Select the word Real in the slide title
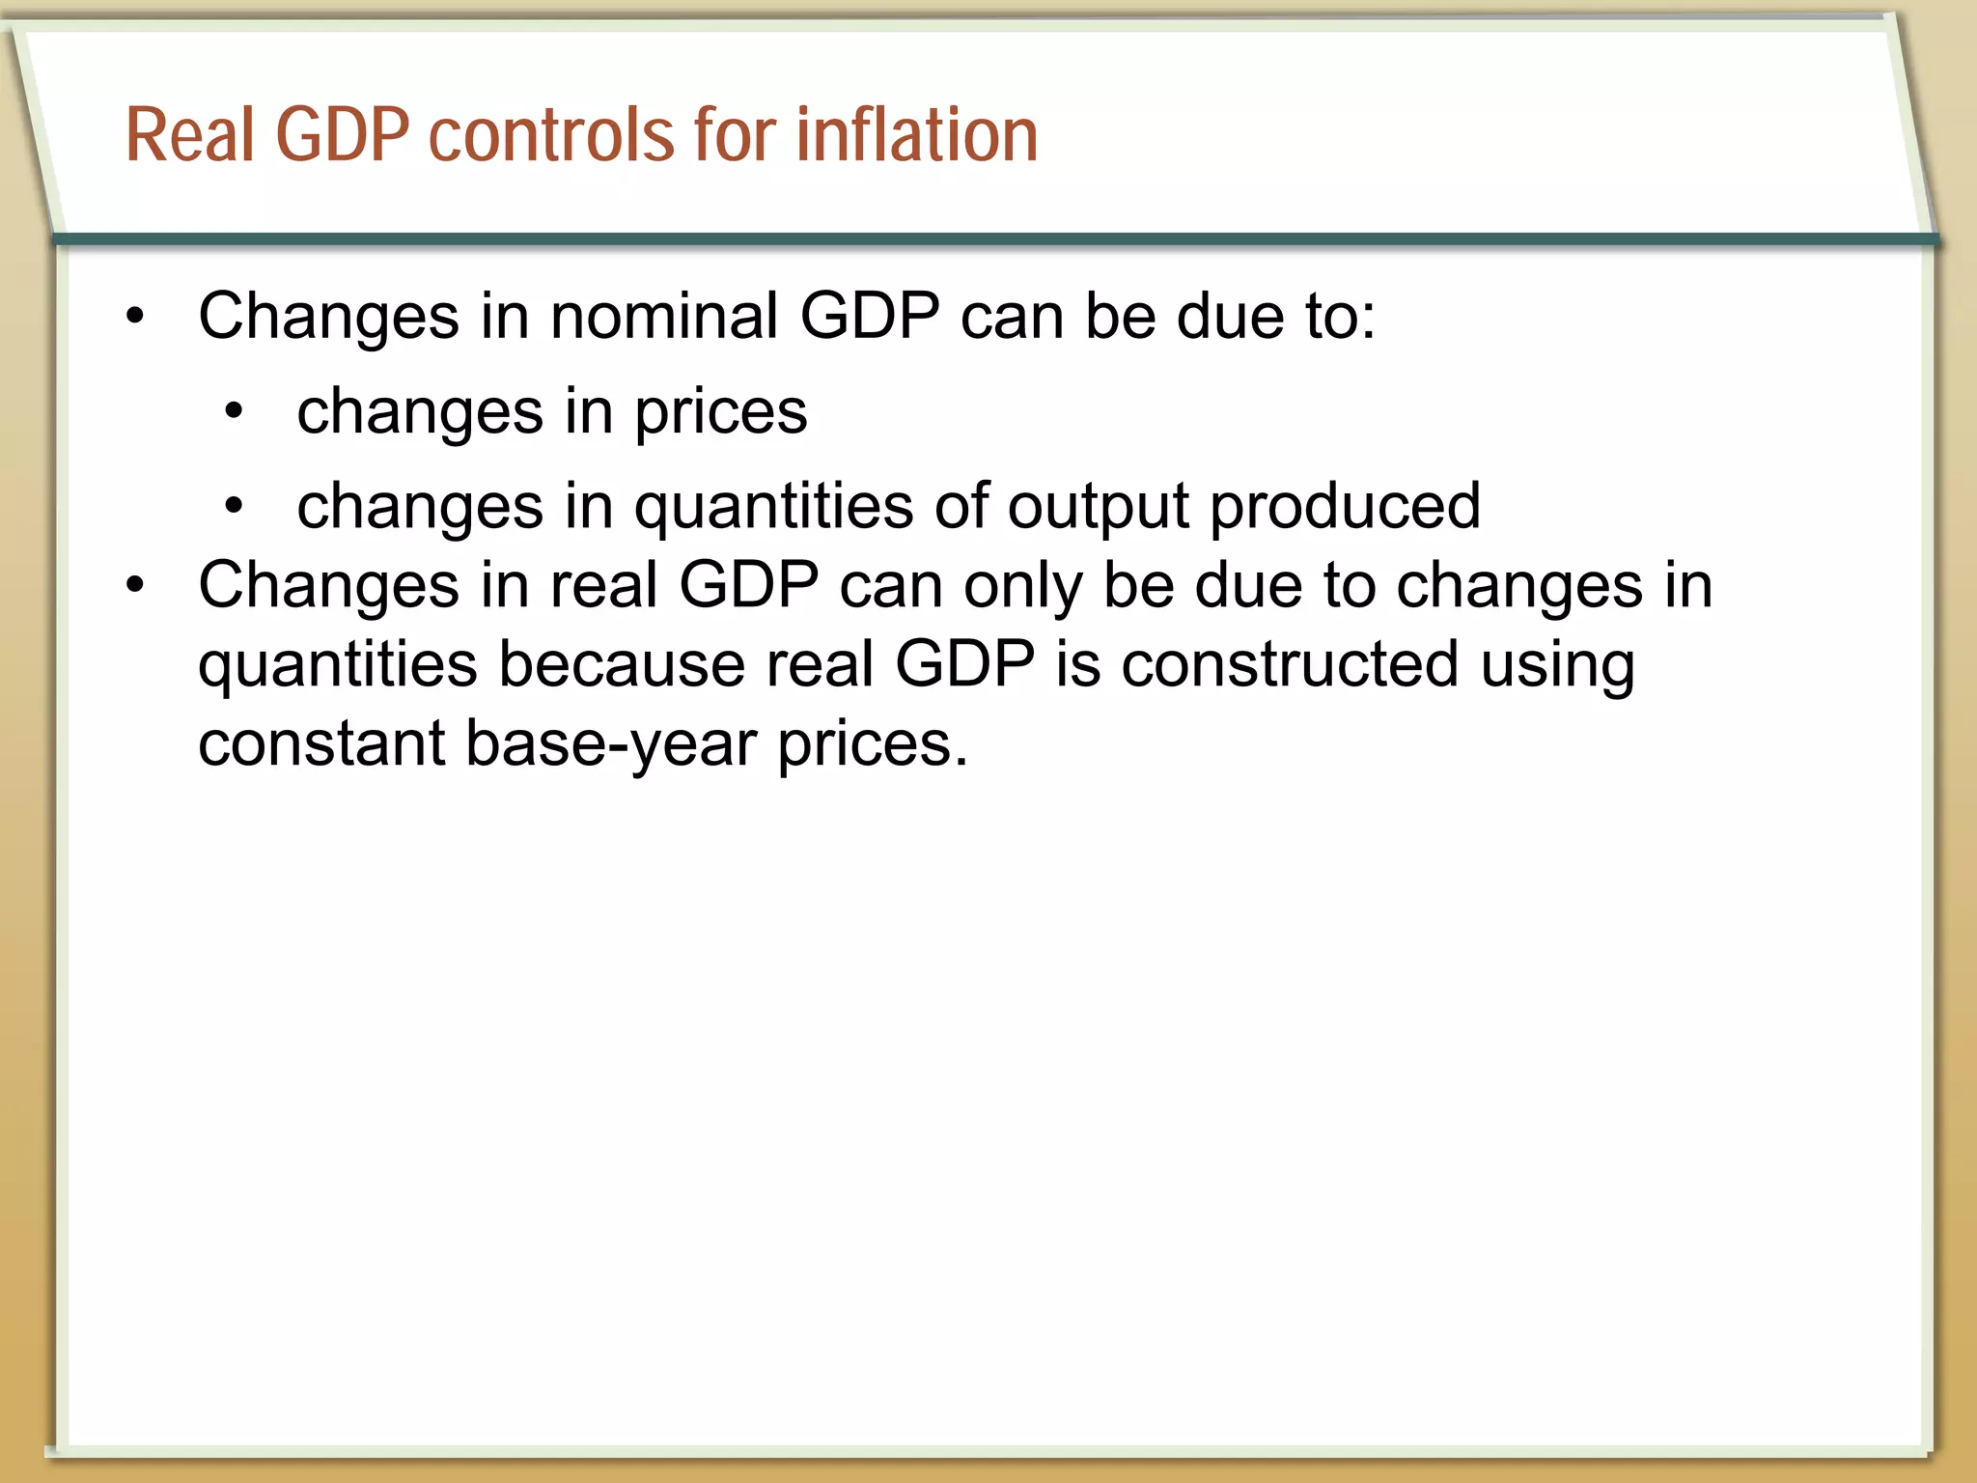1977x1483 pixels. tap(189, 134)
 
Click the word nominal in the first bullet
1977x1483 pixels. tap(664, 316)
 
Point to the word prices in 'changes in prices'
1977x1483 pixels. tap(720, 413)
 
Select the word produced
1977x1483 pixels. tap(1345, 507)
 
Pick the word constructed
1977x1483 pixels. tap(1289, 665)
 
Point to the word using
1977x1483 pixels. tap(1557, 667)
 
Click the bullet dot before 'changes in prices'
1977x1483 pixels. tap(234, 412)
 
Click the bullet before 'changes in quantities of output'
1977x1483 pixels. tap(234, 506)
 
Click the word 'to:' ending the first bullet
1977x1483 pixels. tap(1341, 316)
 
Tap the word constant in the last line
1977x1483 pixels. tap(321, 744)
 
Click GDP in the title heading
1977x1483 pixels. tap(343, 134)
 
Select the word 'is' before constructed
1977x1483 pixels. tap(1077, 665)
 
